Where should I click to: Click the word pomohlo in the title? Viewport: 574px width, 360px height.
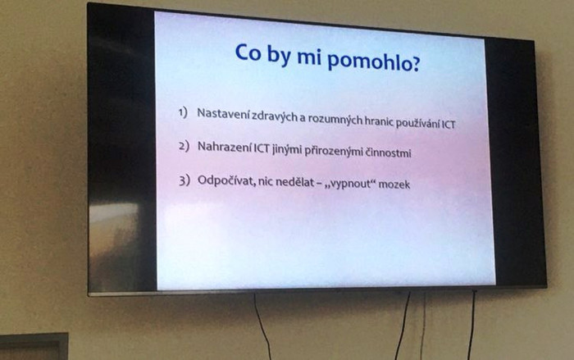(369, 62)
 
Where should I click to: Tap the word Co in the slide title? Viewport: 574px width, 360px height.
(248, 52)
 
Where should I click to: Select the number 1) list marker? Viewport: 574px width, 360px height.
(183, 112)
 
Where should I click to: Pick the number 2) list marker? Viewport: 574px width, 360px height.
(184, 147)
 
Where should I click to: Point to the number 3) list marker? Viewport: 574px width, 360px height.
(184, 180)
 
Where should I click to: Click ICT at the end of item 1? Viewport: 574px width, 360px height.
(449, 125)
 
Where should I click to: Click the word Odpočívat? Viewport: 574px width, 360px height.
(226, 181)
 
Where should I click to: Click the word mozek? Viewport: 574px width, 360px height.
(394, 184)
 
